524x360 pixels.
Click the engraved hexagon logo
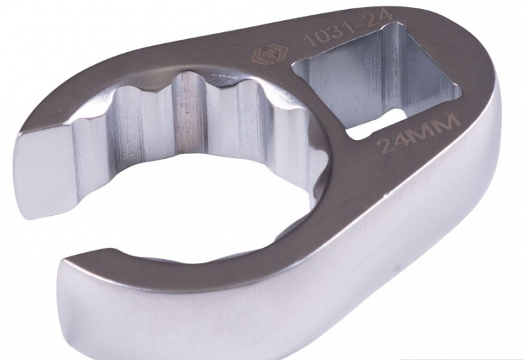265,54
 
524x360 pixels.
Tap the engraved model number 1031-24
347,29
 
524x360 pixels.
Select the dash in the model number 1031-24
362,25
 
